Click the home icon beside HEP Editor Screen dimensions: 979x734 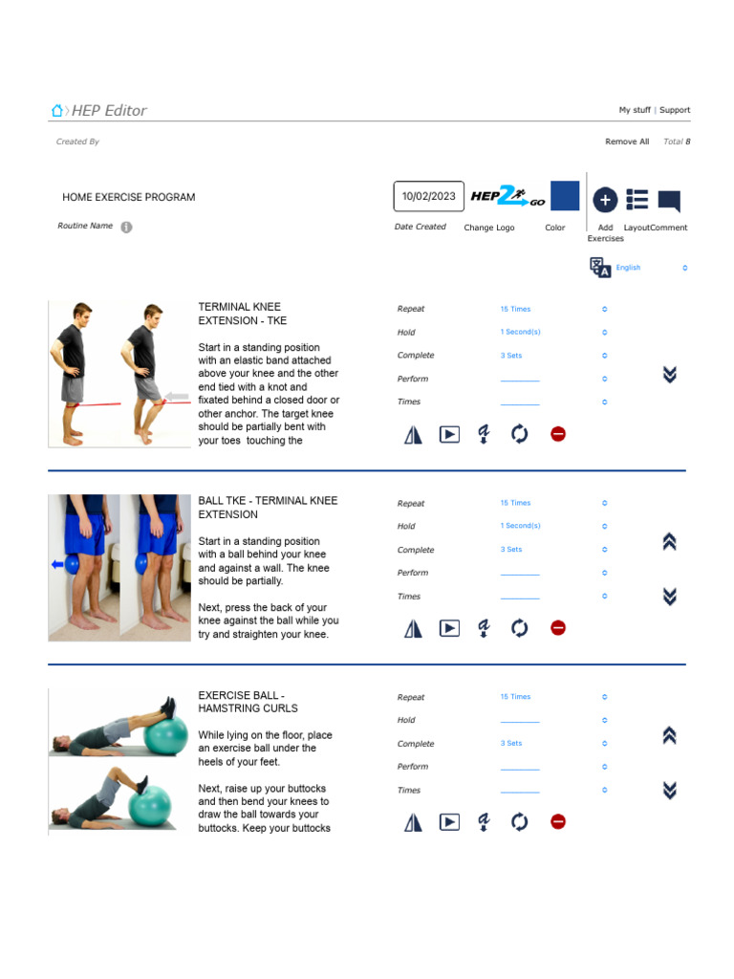(57, 111)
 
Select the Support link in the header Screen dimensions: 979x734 (675, 110)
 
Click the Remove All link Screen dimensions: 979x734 (627, 141)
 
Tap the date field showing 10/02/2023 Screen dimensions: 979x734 (429, 196)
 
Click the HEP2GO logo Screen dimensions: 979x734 (507, 197)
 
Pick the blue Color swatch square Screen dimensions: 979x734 (565, 196)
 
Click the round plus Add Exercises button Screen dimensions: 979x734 (605, 199)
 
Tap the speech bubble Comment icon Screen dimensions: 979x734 (669, 200)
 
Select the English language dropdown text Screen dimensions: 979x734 (628, 268)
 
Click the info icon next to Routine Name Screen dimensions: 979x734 (127, 227)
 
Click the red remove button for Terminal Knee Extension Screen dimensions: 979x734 (558, 434)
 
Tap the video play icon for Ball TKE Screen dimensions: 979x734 (449, 628)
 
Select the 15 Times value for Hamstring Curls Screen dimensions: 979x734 (515, 697)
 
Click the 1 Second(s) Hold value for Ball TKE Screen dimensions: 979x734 (520, 526)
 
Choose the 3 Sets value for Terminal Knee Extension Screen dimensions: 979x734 (511, 355)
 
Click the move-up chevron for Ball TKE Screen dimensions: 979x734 (669, 542)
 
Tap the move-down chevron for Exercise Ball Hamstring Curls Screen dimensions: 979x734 (669, 790)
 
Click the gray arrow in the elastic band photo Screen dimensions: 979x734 (178, 396)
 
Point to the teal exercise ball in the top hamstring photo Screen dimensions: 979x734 (167, 736)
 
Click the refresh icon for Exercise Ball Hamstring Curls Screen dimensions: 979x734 (519, 821)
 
